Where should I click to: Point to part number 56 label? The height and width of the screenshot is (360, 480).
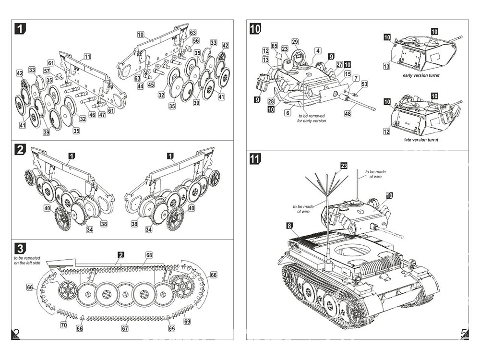[196, 41]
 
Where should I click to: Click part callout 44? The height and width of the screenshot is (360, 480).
[140, 86]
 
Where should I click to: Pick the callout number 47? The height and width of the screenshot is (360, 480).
[102, 115]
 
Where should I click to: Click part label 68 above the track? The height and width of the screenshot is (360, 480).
[149, 254]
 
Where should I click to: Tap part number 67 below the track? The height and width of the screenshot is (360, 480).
[125, 329]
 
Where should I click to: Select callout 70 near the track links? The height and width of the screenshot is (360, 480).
[64, 325]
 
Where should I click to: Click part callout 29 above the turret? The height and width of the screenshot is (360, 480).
[295, 41]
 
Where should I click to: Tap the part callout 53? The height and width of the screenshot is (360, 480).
[364, 84]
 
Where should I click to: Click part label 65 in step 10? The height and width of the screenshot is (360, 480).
[274, 46]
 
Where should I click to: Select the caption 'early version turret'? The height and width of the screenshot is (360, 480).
[421, 75]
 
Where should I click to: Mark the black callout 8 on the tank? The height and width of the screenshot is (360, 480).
[288, 225]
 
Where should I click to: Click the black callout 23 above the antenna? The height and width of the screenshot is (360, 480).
[344, 166]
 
